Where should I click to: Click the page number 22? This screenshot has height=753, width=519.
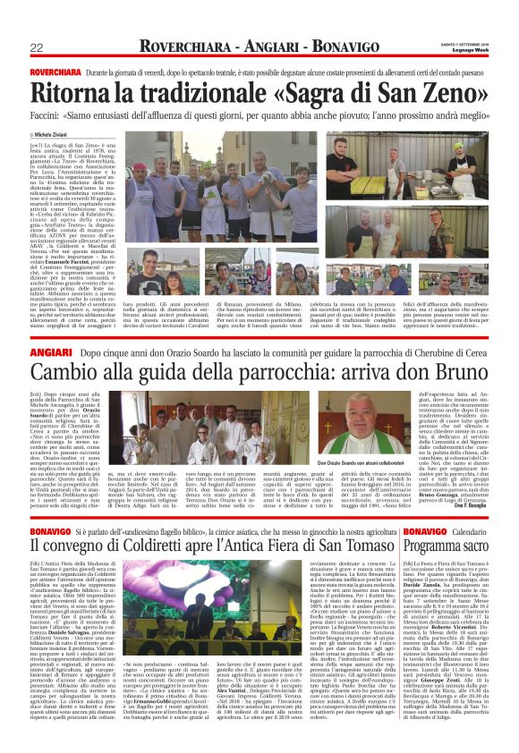38,47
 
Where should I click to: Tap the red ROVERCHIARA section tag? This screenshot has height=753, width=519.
53,69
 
